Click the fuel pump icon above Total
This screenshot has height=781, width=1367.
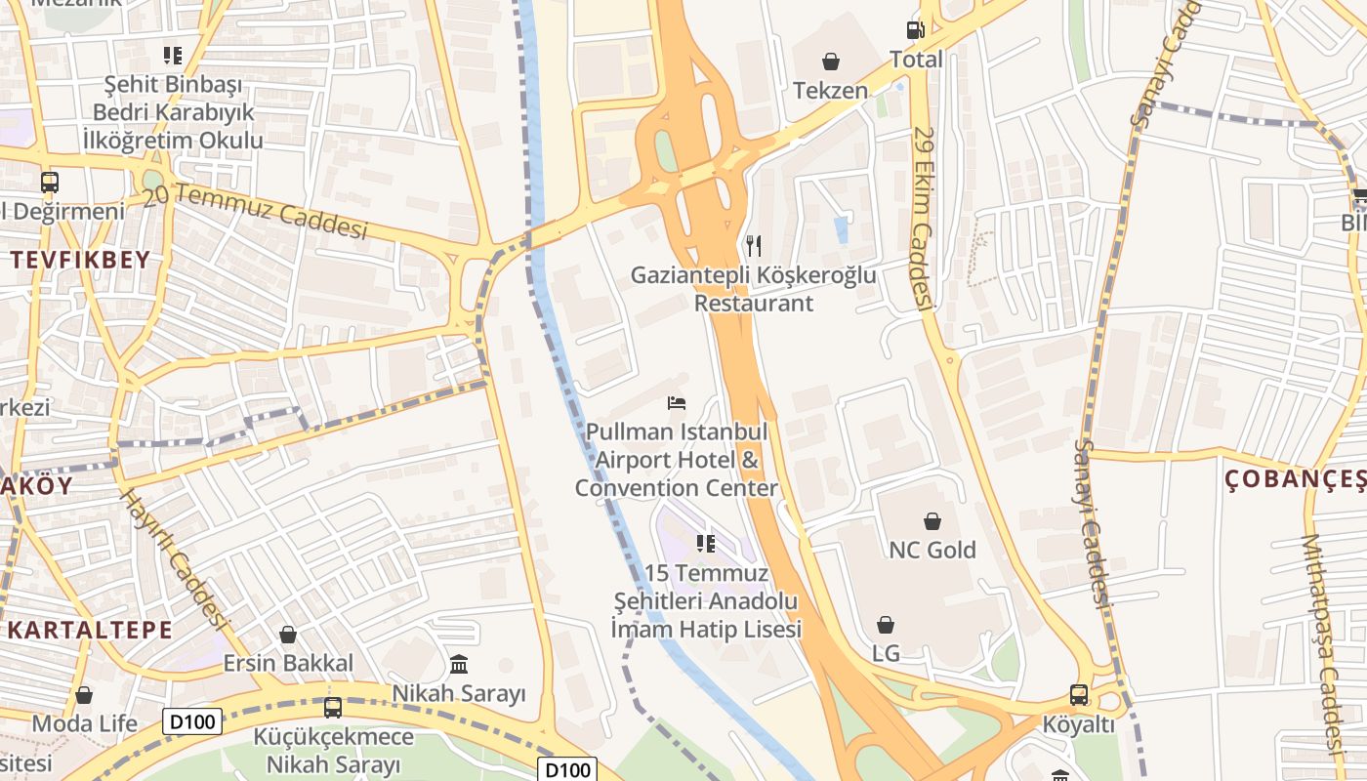(915, 30)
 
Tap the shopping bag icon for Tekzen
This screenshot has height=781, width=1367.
(831, 62)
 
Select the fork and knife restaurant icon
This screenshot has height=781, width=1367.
(753, 245)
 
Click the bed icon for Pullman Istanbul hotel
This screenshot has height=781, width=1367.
(677, 402)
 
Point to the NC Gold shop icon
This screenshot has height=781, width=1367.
(932, 521)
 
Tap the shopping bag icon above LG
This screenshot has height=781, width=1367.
(886, 625)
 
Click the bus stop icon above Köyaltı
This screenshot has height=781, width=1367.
(1079, 695)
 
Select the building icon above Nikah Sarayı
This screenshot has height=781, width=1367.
(459, 665)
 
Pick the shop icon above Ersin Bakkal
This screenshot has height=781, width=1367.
(288, 635)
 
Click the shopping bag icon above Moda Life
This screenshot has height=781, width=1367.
(84, 695)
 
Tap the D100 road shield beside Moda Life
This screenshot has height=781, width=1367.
(192, 721)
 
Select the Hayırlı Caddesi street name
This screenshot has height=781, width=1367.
(174, 558)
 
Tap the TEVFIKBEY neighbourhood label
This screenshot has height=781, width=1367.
(81, 260)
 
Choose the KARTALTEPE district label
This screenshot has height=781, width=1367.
(90, 630)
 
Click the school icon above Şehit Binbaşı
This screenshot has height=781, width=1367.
(173, 55)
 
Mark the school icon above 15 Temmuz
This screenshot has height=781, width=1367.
(706, 543)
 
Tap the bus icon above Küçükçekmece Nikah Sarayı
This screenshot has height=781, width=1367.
(333, 707)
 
